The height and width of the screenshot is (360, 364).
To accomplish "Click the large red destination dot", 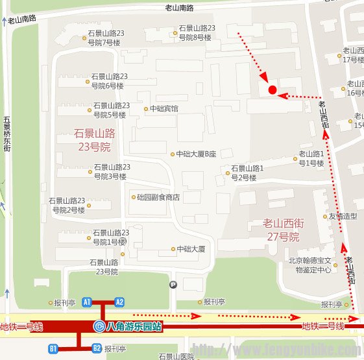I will [273, 90].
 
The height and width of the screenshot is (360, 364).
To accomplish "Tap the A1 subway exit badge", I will [87, 302].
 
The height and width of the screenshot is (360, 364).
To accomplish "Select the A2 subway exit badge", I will [119, 302].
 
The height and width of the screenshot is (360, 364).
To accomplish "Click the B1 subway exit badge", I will [54, 349].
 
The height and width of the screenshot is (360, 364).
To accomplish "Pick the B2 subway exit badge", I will [97, 349].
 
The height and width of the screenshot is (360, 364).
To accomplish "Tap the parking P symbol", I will [173, 284].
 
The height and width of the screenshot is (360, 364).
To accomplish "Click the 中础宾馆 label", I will [164, 109].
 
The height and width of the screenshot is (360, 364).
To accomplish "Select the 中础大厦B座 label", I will [196, 154].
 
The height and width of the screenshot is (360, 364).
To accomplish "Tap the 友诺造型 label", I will [343, 217].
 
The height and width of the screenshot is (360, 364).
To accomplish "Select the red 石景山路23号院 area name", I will [94, 139].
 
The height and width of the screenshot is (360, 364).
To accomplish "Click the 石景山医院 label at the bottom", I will [176, 356].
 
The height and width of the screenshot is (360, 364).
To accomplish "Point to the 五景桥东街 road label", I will [6, 134].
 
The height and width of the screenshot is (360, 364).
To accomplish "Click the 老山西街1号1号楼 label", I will [311, 158].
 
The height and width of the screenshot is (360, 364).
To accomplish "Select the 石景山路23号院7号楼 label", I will [106, 38].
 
